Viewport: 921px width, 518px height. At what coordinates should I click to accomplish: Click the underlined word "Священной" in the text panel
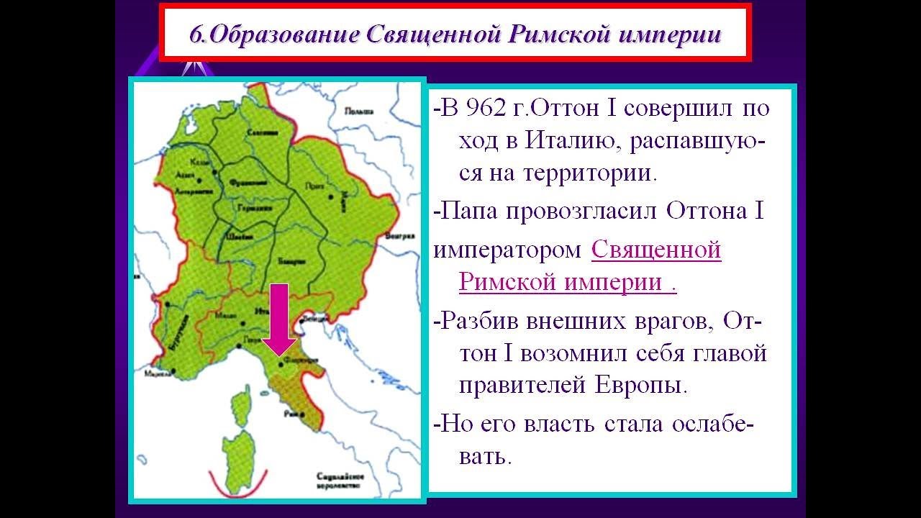click(x=656, y=250)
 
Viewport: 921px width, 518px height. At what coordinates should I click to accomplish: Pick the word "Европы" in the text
click(x=640, y=385)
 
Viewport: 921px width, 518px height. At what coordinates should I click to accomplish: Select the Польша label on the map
click(x=358, y=112)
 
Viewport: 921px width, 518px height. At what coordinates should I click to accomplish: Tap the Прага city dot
click(x=331, y=195)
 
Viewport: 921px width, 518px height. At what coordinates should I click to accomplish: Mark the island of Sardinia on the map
click(x=238, y=453)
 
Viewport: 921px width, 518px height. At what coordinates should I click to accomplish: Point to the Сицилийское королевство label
click(x=337, y=481)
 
